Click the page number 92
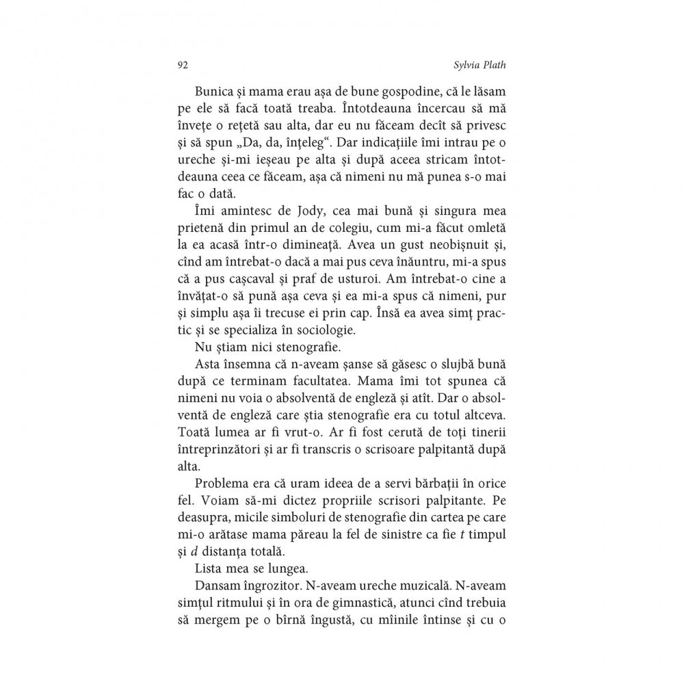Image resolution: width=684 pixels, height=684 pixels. pyautogui.click(x=182, y=65)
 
